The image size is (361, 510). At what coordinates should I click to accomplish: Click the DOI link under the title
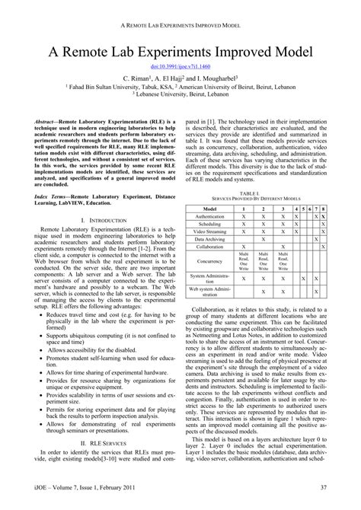(180, 67)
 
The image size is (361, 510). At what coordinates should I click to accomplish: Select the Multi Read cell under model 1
(243, 262)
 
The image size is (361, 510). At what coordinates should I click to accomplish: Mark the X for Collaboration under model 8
(324, 247)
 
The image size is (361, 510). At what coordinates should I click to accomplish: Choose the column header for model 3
(283, 209)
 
